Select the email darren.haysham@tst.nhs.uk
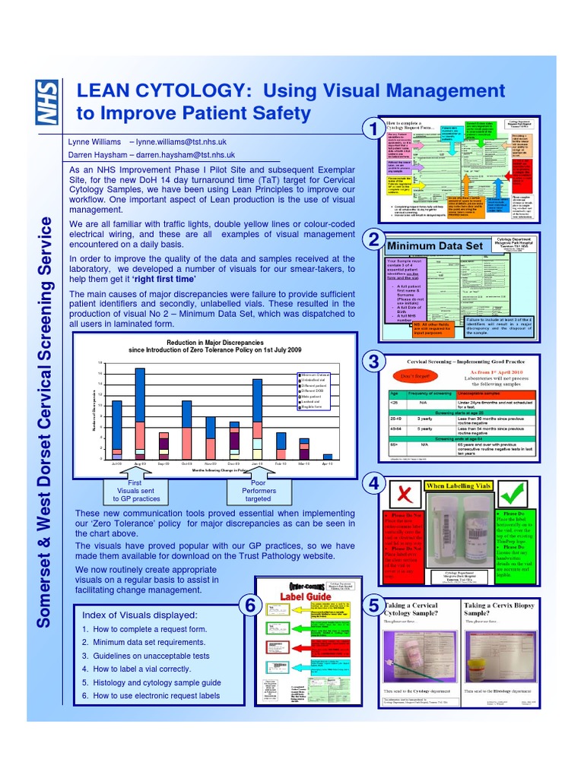[x=191, y=154]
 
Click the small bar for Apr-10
[x=328, y=457]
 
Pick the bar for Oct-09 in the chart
[x=187, y=429]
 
